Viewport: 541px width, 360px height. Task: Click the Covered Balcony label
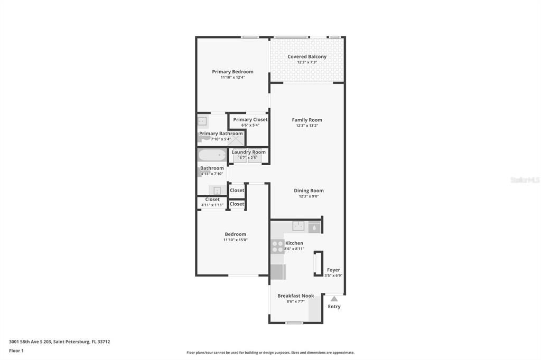coord(307,56)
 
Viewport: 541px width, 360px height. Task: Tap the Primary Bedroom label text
coord(232,72)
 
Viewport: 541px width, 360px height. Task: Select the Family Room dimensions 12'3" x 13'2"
coord(307,126)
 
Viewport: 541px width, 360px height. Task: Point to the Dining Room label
coord(309,191)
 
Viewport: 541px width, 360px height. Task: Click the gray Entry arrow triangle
coord(334,299)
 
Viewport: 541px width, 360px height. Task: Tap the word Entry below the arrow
coord(334,306)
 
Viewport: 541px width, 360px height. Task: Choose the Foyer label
coord(333,270)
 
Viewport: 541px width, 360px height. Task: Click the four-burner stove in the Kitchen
coord(277,247)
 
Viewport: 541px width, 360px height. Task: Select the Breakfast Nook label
coord(295,296)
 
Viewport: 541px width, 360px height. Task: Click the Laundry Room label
coord(248,152)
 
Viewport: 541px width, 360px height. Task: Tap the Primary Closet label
coord(250,119)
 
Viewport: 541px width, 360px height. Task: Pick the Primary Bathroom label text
coord(221,134)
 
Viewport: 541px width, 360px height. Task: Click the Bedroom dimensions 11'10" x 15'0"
coord(235,240)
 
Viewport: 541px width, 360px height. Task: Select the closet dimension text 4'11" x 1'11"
coord(212,205)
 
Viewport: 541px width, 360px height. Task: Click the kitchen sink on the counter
coord(299,226)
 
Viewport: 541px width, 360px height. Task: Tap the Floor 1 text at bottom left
coord(16,350)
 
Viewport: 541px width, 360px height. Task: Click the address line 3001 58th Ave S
coord(59,342)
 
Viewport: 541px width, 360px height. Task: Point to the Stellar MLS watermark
coord(525,180)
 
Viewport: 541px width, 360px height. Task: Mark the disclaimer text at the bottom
coord(270,353)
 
